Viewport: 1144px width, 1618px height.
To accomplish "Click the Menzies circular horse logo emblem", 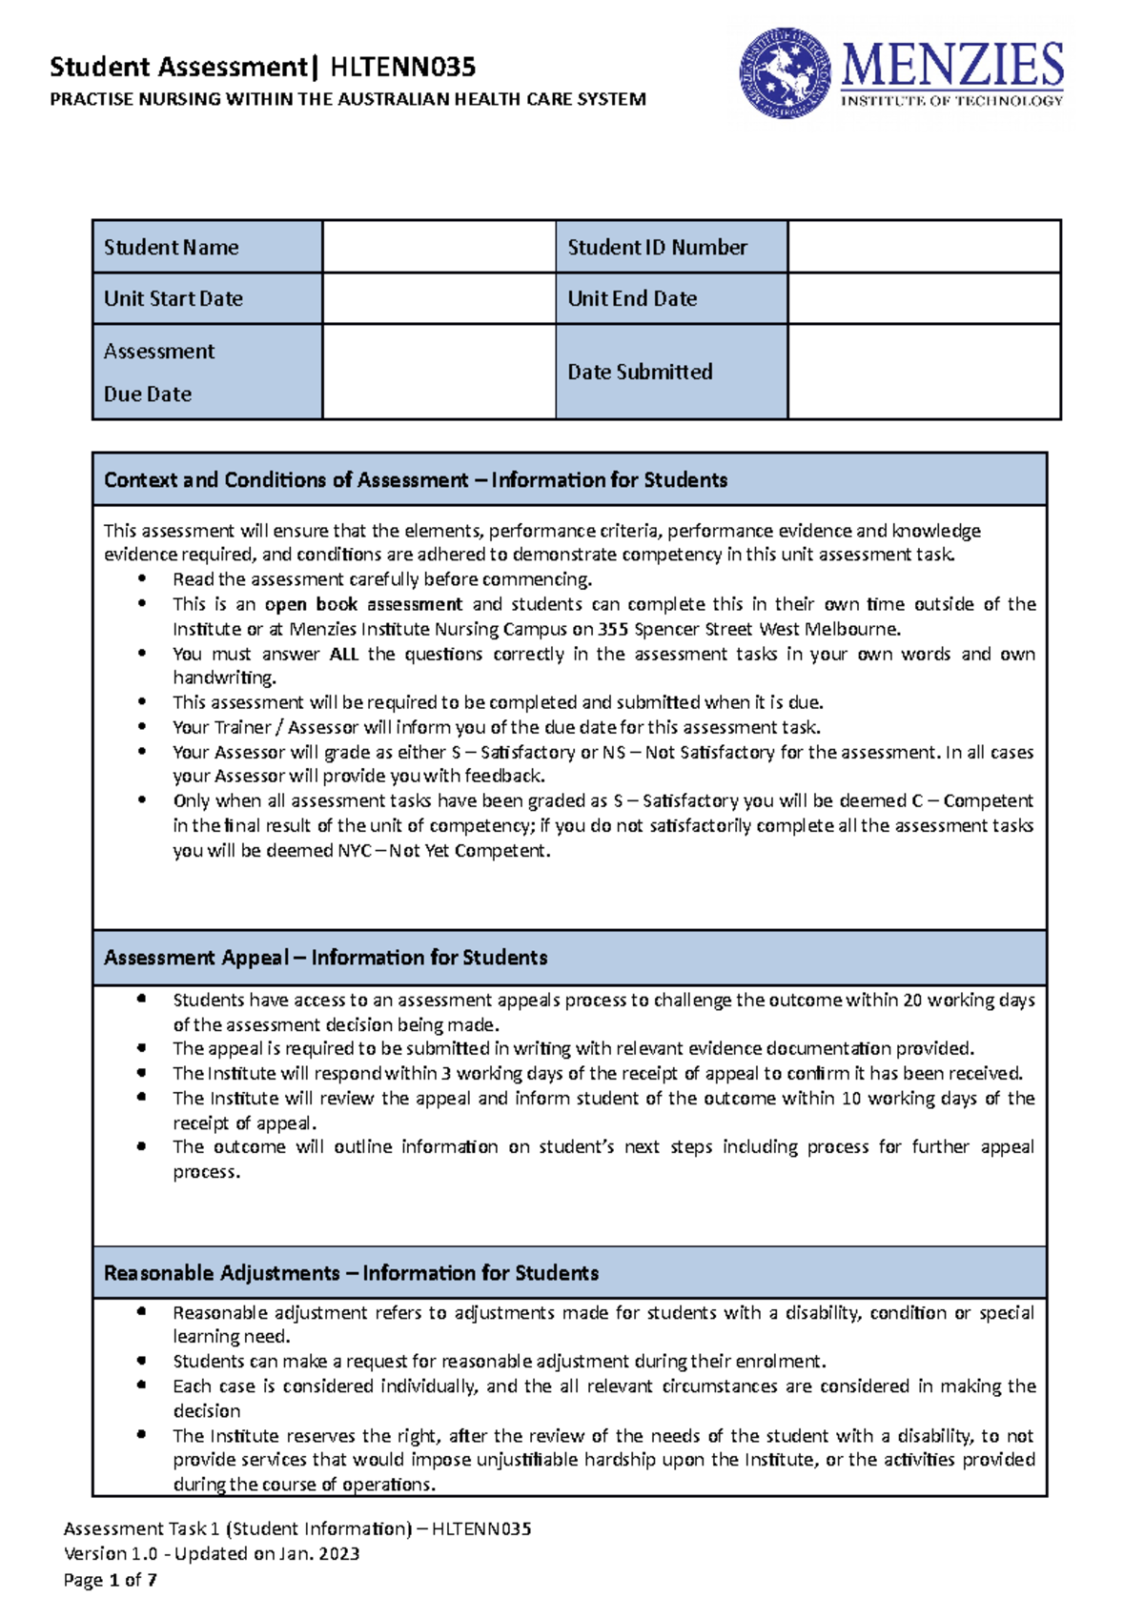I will coord(785,73).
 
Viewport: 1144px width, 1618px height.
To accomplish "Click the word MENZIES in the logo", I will coord(952,66).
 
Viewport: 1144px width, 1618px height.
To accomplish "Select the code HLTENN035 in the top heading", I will coord(402,67).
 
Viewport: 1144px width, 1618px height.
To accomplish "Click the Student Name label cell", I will coord(207,247).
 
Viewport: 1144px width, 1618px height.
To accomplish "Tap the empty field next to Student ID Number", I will coord(923,247).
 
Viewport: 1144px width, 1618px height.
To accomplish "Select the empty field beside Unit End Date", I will coord(923,298).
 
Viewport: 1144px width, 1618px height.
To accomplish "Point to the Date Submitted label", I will coord(640,372).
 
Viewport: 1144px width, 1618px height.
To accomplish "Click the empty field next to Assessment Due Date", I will coord(439,372).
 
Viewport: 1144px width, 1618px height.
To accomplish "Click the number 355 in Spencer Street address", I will coord(613,629).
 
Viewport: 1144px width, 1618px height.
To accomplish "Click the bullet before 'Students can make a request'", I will coord(141,1361).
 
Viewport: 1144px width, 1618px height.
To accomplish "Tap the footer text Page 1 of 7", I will coord(110,1580).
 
